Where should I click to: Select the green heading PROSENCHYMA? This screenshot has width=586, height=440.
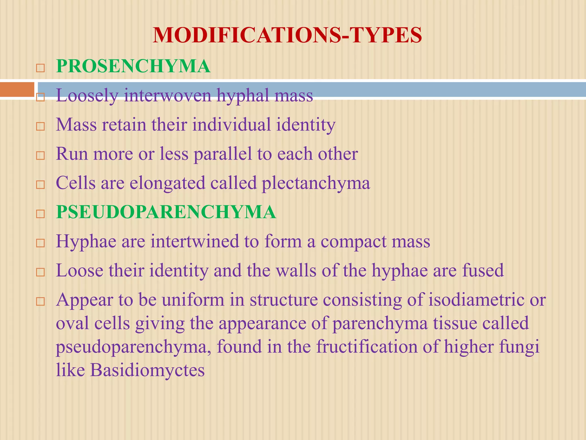[133, 66]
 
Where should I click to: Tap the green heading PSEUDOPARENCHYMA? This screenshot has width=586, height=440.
[166, 212]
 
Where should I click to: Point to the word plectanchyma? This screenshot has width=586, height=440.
[316, 183]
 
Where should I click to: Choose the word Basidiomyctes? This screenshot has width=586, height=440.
[148, 370]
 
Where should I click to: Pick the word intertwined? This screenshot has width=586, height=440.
[195, 241]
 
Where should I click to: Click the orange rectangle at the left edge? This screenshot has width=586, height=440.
[17, 89]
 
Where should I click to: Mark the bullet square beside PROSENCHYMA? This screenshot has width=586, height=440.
[40, 68]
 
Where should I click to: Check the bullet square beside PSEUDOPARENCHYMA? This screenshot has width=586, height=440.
[40, 214]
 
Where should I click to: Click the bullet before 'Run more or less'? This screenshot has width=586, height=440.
[40, 156]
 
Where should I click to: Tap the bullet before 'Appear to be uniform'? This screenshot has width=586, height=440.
[40, 301]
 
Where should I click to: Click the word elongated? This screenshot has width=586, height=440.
[167, 183]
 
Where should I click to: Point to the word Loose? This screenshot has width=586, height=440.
[80, 270]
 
